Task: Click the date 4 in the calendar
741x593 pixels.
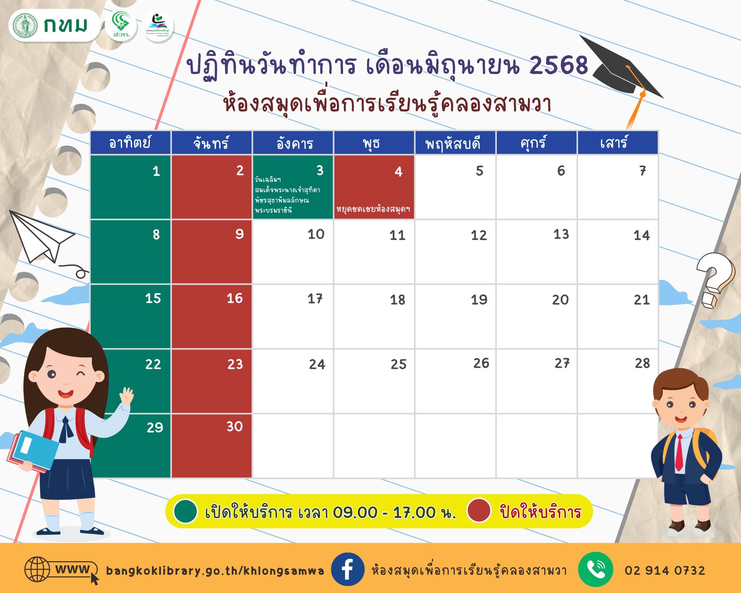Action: (398, 172)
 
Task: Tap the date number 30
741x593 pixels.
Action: (235, 427)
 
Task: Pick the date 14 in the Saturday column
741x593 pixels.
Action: (641, 235)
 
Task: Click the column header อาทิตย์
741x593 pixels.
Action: (130, 143)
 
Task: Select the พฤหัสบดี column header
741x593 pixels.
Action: (455, 143)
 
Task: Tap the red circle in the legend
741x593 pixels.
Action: (479, 510)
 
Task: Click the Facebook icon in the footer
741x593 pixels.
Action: (347, 570)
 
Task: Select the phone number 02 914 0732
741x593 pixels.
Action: (665, 570)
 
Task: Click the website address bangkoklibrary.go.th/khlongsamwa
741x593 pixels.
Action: (215, 571)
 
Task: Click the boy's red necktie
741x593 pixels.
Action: (679, 452)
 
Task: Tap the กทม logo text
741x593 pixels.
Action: (65, 25)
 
